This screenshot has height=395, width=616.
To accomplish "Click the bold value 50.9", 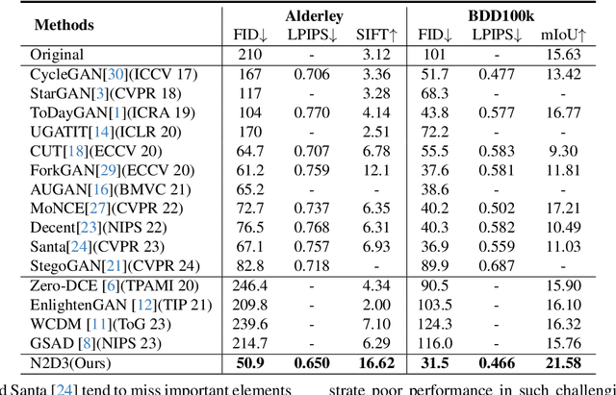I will click(249, 364).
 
